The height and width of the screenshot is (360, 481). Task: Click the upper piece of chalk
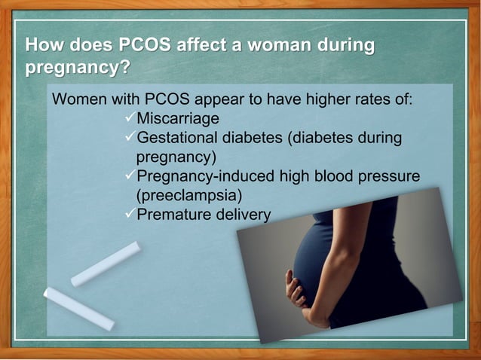(x=106, y=264)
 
